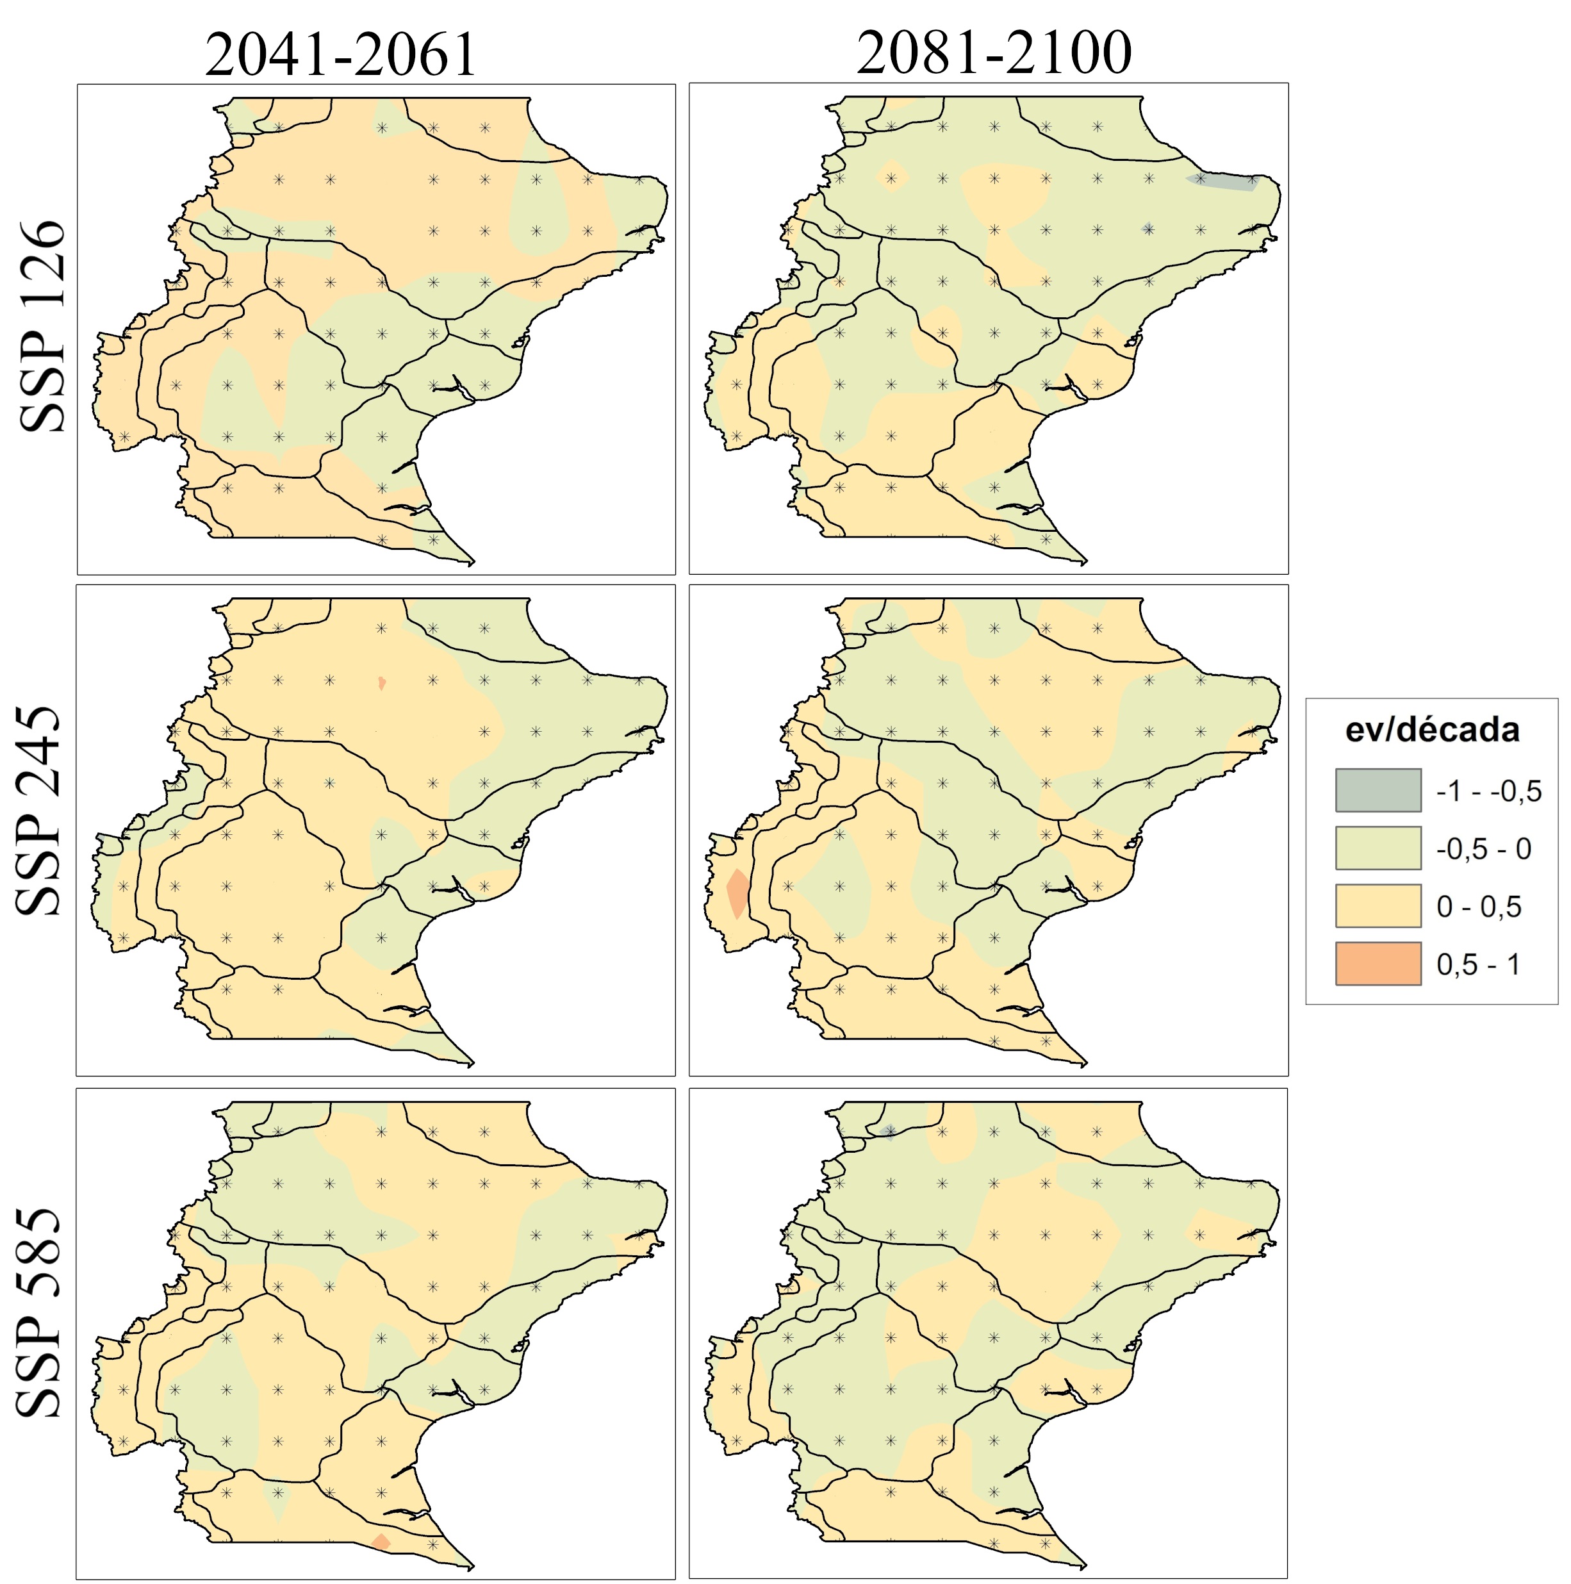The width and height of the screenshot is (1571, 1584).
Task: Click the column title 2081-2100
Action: pos(994,53)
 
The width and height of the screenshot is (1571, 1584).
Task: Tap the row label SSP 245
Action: pos(39,811)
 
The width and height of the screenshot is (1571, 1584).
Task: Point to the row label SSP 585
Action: pos(39,1312)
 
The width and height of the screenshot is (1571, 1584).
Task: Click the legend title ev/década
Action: pos(1431,730)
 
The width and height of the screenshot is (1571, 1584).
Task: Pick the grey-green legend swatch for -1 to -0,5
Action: pos(1378,790)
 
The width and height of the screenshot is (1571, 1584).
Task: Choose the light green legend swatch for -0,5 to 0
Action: pos(1378,848)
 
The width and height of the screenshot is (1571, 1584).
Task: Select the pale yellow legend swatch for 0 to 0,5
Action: pos(1378,905)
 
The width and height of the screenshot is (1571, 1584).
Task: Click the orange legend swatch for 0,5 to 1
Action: pos(1378,963)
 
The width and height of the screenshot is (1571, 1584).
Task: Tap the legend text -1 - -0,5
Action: pos(1489,791)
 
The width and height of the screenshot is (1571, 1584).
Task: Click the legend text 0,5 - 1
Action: pos(1478,964)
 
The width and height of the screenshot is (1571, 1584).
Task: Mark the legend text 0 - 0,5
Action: pos(1478,907)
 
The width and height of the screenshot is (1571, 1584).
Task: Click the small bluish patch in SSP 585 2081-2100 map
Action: pos(889,1132)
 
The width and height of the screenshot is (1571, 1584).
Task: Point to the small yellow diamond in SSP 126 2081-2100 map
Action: pos(891,176)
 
